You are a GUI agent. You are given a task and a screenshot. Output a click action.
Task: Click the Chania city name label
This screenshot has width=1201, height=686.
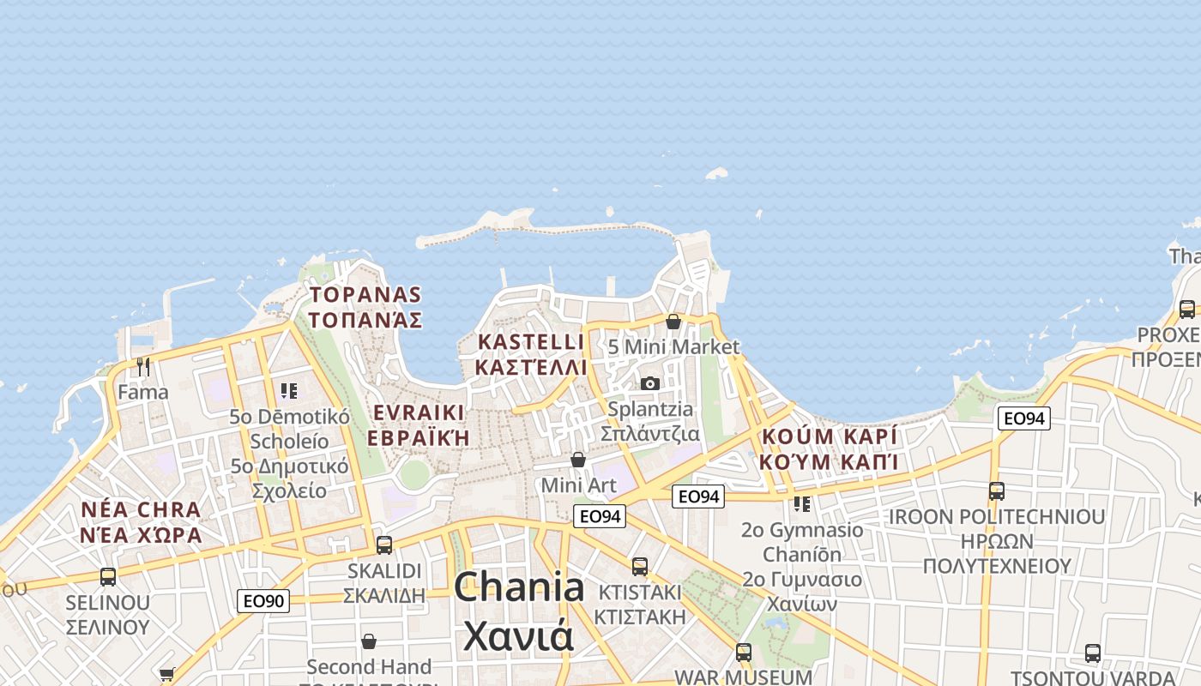click(x=518, y=611)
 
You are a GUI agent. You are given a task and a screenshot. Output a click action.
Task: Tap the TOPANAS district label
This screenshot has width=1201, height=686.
click(x=365, y=307)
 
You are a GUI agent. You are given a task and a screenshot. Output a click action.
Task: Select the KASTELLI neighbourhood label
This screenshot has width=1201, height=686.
click(x=531, y=354)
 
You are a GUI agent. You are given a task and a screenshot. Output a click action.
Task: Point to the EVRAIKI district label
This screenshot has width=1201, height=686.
click(x=419, y=424)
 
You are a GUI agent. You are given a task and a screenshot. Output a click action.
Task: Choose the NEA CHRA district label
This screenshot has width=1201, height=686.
click(x=141, y=522)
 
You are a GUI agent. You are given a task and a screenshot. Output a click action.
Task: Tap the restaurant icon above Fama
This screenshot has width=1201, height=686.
click(x=143, y=367)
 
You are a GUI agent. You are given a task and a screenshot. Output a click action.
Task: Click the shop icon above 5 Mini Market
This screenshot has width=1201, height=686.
click(x=673, y=322)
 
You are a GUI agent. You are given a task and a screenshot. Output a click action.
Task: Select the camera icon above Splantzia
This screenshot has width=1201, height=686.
click(x=650, y=383)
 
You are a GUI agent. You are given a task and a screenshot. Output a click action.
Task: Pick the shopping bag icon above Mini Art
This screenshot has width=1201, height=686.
click(x=578, y=460)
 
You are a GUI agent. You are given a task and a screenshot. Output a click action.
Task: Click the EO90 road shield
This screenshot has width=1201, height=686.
click(x=263, y=601)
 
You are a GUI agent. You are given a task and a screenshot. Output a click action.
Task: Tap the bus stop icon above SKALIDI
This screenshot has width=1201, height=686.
click(x=384, y=545)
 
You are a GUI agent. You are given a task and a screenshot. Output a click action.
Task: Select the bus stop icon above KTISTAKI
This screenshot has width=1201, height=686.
click(x=640, y=566)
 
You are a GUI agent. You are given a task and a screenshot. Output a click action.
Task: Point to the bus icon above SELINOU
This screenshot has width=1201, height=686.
click(x=108, y=576)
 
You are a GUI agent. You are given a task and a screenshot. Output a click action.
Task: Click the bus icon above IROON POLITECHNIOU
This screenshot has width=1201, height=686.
click(x=997, y=491)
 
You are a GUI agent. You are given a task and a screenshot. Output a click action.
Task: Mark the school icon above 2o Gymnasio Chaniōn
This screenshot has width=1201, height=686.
click(x=802, y=503)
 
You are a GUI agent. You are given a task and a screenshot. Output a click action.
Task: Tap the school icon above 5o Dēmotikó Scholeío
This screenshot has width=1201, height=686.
click(x=289, y=391)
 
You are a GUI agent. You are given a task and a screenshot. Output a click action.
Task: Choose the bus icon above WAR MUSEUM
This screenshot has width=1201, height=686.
click(x=744, y=652)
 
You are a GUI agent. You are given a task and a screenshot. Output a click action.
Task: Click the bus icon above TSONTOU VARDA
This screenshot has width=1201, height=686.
click(x=1093, y=653)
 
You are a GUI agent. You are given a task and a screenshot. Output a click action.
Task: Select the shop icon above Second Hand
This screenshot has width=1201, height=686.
click(x=369, y=641)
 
